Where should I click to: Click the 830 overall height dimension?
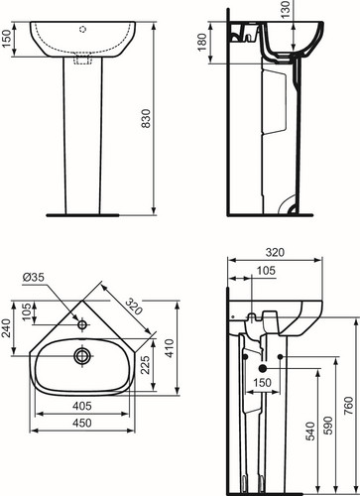[x=146, y=118]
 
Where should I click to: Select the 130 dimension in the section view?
[x=286, y=9]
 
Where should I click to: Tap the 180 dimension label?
[x=202, y=42]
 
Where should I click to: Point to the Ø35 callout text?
[x=34, y=277]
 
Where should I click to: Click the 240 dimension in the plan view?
[x=7, y=328]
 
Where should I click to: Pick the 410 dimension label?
[x=170, y=348]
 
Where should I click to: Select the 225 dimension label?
[x=145, y=365]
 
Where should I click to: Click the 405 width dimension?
[x=82, y=406]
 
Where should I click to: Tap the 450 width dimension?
[x=82, y=423]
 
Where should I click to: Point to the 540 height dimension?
[x=310, y=432]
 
